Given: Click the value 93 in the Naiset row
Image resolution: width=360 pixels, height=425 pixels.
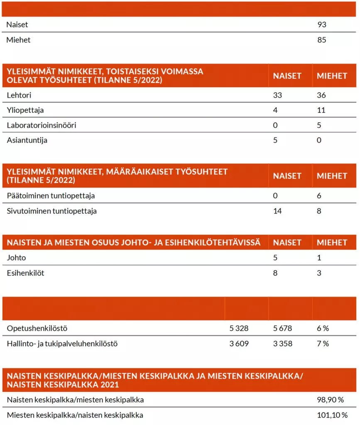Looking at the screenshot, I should (321, 24).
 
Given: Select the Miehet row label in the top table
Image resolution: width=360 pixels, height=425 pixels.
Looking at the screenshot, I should (19, 40).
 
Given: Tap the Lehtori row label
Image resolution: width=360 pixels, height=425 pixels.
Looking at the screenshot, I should (19, 95).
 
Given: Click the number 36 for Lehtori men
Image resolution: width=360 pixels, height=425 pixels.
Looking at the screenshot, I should (321, 95).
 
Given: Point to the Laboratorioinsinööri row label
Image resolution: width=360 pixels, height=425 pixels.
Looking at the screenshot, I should (42, 125).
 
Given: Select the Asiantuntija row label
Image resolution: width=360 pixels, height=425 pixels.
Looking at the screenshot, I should (27, 140).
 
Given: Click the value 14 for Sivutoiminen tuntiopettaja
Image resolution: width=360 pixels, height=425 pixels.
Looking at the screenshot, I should (277, 211).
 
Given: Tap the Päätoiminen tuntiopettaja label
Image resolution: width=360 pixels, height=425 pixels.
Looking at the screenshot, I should (48, 195).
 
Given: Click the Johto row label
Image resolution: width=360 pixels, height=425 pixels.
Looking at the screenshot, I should (16, 258).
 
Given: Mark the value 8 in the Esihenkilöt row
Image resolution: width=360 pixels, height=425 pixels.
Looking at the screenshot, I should (275, 273).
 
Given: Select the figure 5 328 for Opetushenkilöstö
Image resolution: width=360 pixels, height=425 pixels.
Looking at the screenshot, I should (239, 328).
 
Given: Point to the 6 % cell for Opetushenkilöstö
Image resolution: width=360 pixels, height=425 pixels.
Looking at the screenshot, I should (323, 328).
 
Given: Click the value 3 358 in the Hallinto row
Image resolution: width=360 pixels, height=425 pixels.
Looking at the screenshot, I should (282, 344).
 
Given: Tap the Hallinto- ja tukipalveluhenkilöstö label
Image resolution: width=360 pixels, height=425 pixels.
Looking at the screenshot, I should (62, 344).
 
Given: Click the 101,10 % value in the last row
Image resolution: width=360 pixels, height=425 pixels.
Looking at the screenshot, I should (331, 415).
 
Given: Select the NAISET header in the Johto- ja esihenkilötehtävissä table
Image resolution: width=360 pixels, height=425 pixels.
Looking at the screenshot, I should (287, 242).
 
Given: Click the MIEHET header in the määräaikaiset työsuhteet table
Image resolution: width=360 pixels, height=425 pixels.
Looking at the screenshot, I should (332, 176).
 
